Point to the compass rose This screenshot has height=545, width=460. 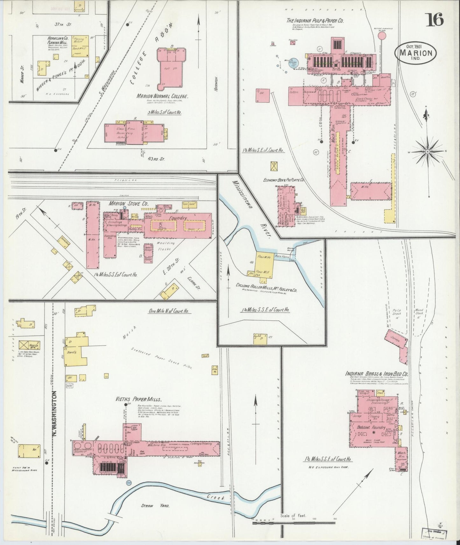[x=428, y=152]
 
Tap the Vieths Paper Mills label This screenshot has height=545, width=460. [x=142, y=399]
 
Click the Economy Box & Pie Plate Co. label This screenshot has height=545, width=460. [x=283, y=180]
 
